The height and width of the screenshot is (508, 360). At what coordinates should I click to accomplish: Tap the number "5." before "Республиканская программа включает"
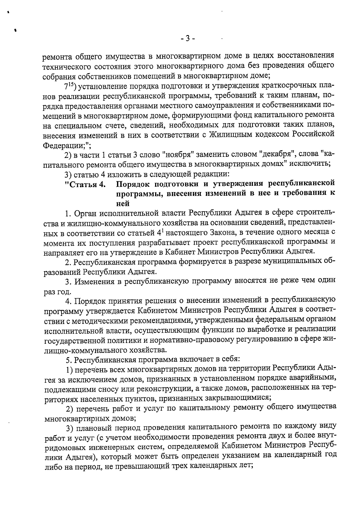pyautogui.click(x=69, y=359)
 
